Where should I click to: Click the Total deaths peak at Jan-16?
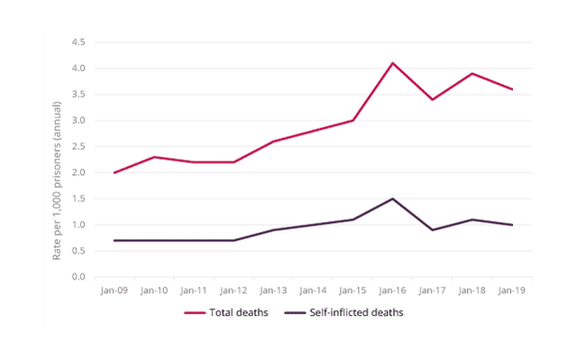pos(392,62)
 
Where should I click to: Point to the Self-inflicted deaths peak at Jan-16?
pos(392,198)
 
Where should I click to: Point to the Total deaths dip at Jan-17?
pos(432,99)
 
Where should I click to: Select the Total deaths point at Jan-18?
pos(472,73)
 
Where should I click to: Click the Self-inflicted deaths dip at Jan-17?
pos(432,230)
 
